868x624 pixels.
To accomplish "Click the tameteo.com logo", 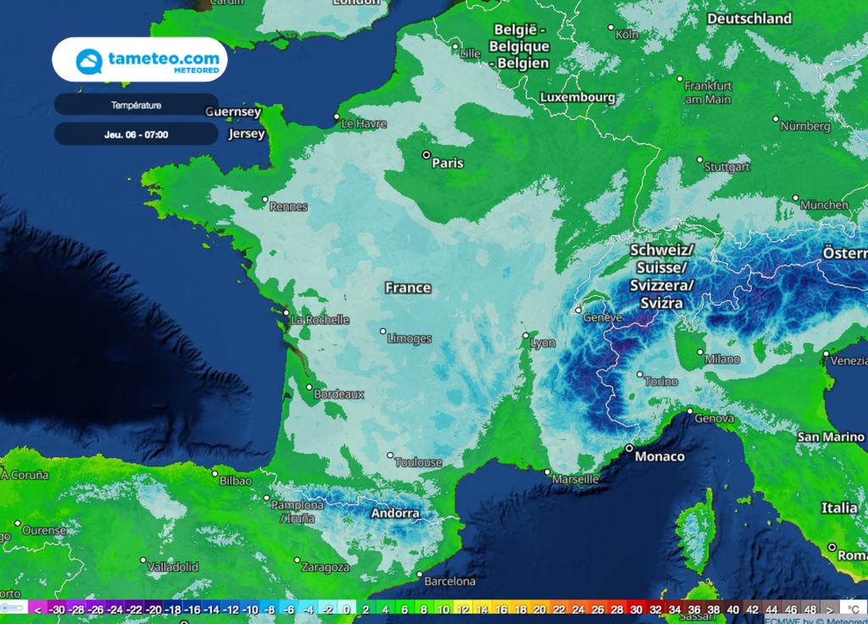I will pos(140,60).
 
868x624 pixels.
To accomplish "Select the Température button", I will pos(136,105).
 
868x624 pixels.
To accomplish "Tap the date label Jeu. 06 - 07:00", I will pos(136,134).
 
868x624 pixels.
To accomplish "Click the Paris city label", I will pos(448,163).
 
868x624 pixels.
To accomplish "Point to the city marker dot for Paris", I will pos(426,155).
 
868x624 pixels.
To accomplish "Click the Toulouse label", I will pos(420,462).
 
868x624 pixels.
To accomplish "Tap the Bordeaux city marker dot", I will pos(309,387).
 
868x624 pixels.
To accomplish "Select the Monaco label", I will pos(659,456).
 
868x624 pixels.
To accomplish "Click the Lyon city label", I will pos(542,343).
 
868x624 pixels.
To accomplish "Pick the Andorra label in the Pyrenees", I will pos(395,513).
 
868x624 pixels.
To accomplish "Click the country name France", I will pos(408,287).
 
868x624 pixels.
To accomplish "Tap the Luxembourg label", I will pos(577,97).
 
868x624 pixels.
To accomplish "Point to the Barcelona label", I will pos(449,582).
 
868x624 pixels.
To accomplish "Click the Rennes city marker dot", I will pos(265,200).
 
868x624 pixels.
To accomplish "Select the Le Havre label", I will pos(364,124).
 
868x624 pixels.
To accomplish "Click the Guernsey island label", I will pos(232,112).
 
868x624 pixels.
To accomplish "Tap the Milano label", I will pos(722,359).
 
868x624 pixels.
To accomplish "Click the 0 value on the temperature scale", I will pos(346,609).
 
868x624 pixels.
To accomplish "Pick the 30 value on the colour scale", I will pos(636,609).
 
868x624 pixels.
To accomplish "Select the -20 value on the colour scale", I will pos(153,609).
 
